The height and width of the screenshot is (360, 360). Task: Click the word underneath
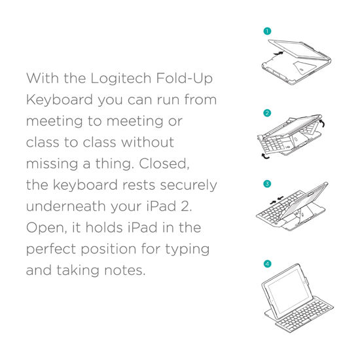coord(68,206)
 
